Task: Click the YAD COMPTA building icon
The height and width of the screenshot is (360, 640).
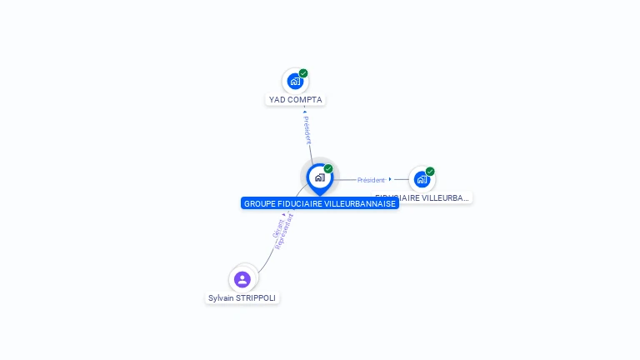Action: tap(294, 82)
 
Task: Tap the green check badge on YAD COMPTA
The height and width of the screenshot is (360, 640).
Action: tap(303, 73)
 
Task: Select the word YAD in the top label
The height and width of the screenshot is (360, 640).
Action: tap(277, 100)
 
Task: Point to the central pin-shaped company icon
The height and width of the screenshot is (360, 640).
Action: tap(319, 177)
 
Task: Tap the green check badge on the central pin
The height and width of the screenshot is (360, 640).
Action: tap(328, 169)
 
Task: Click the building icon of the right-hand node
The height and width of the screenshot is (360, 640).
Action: tap(422, 179)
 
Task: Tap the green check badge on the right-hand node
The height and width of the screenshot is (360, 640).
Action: tap(430, 172)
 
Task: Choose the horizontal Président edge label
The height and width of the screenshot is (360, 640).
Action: tap(371, 180)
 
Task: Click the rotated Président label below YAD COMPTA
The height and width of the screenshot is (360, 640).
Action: tap(307, 129)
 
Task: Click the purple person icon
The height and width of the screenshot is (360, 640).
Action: tap(242, 279)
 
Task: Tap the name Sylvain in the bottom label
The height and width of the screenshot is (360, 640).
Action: tap(222, 298)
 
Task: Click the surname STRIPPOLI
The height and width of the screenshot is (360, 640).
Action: tap(257, 298)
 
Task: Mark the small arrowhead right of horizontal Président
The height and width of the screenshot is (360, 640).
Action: tap(390, 178)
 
